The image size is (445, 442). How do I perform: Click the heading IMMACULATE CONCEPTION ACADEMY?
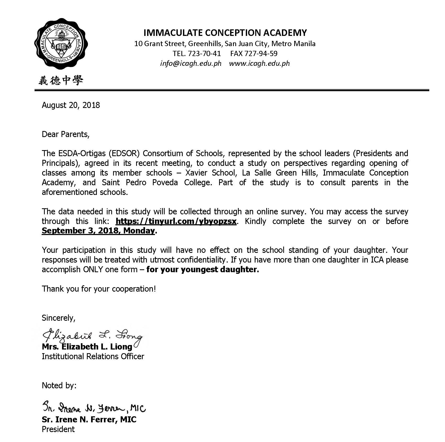pyautogui.click(x=225, y=33)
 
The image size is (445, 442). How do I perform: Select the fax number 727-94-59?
pyautogui.click(x=261, y=54)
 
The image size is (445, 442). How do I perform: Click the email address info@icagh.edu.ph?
pyautogui.click(x=191, y=63)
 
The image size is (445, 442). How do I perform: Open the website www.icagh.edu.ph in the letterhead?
pyautogui.click(x=259, y=63)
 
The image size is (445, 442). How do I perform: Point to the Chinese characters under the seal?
pyautogui.click(x=61, y=80)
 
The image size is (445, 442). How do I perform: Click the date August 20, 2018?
pyautogui.click(x=71, y=105)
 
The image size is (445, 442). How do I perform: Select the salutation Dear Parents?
pyautogui.click(x=65, y=134)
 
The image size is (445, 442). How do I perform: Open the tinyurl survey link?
pyautogui.click(x=176, y=221)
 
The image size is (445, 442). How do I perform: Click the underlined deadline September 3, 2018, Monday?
pyautogui.click(x=98, y=231)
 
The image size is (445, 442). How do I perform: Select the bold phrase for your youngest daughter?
pyautogui.click(x=203, y=270)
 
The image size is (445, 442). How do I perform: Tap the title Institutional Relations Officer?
pyautogui.click(x=93, y=357)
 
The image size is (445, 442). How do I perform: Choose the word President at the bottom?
pyautogui.click(x=58, y=429)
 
